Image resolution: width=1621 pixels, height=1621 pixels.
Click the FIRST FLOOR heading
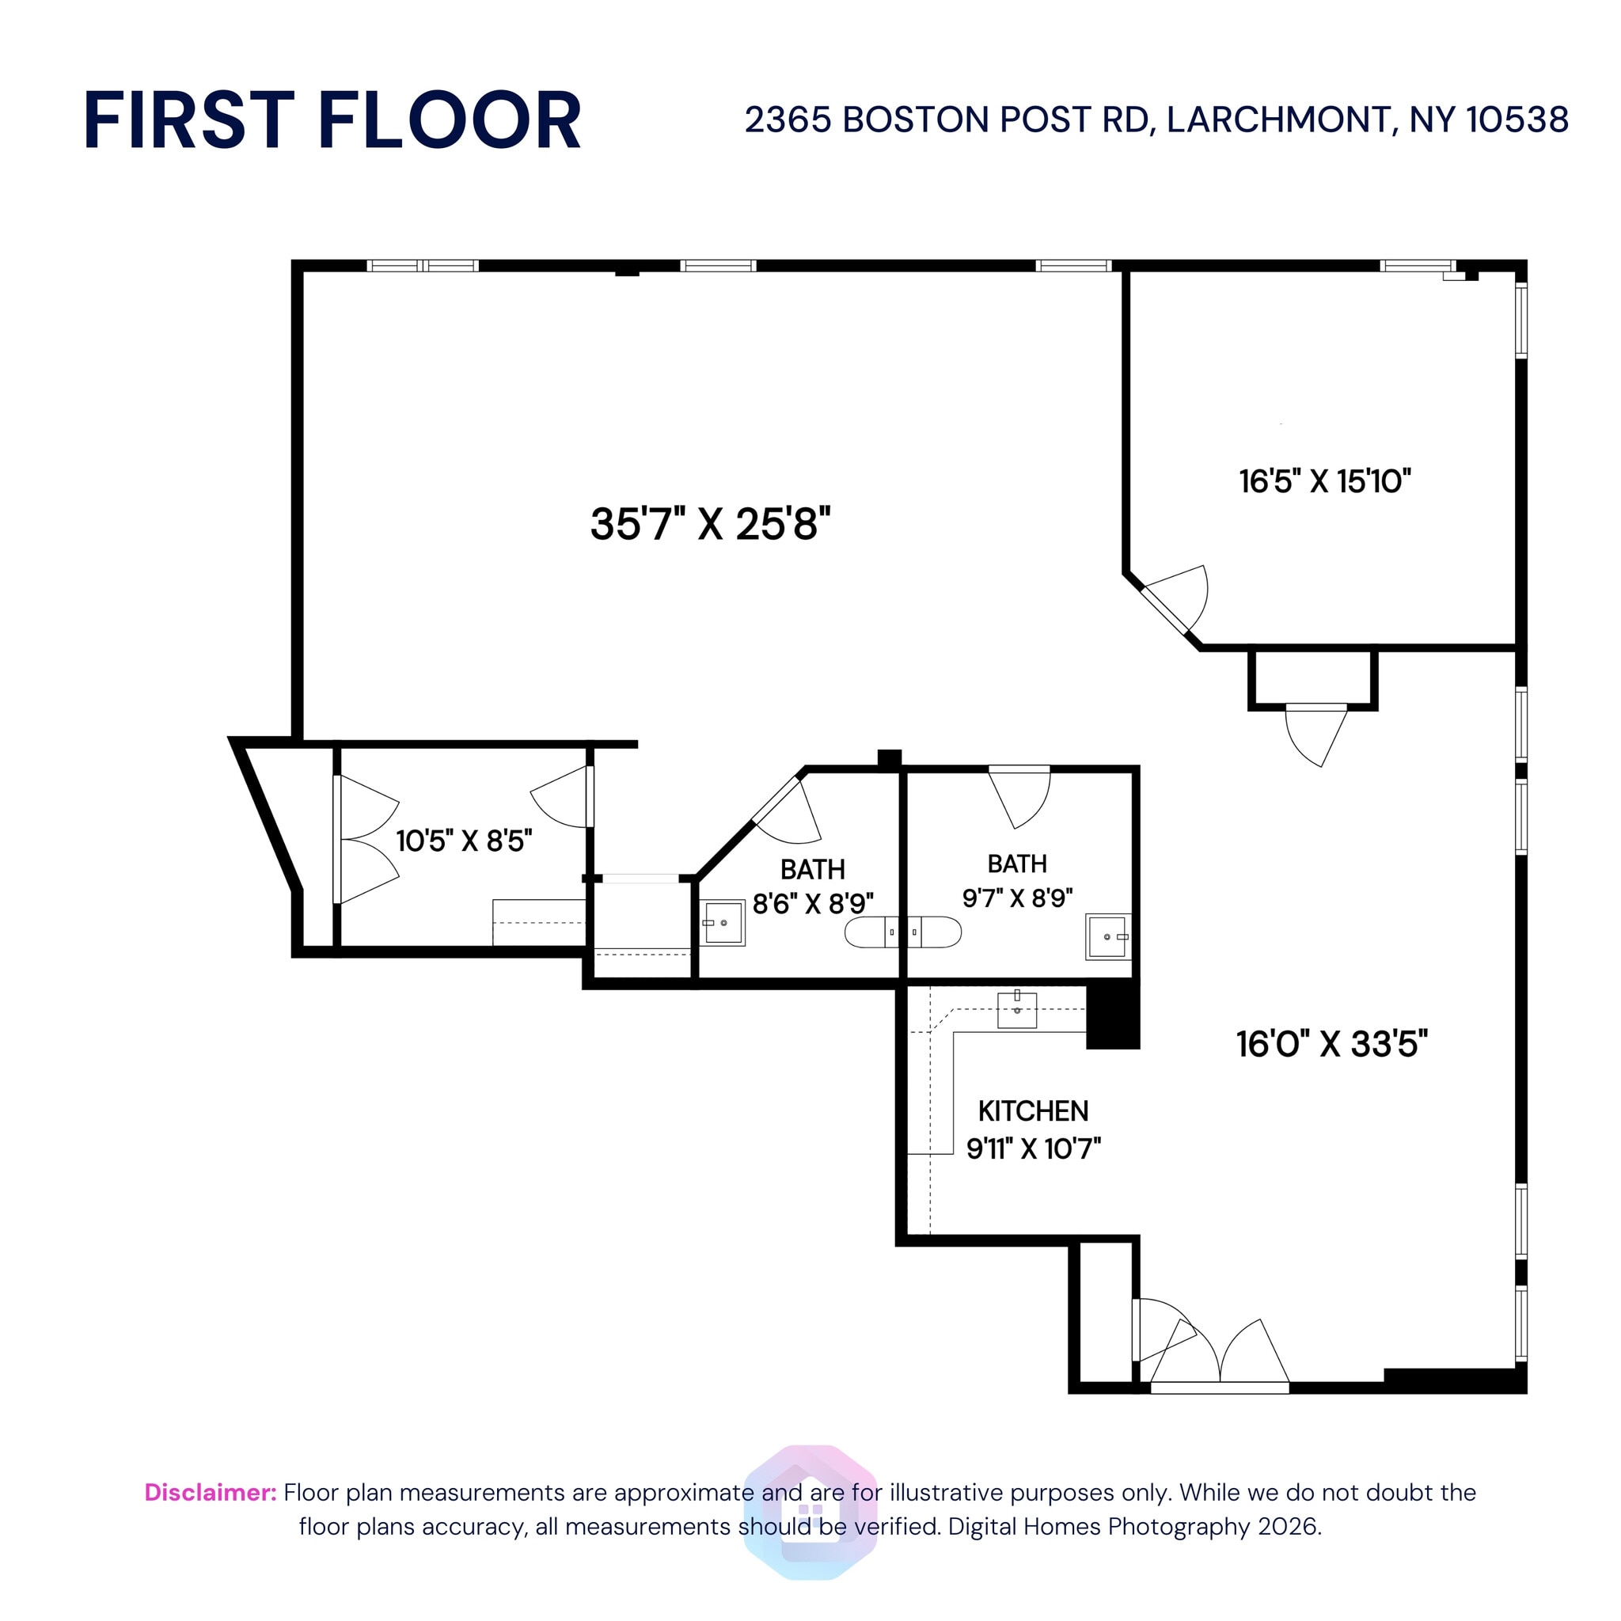pyautogui.click(x=332, y=121)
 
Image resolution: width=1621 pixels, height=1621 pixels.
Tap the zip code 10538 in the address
pyautogui.click(x=1517, y=120)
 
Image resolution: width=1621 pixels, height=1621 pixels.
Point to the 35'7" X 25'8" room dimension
pyautogui.click(x=710, y=525)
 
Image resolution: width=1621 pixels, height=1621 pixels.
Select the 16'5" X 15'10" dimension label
pyautogui.click(x=1325, y=481)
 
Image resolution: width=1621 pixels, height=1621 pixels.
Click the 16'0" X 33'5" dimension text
pyautogui.click(x=1331, y=1044)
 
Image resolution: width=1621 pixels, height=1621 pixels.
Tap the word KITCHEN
pyautogui.click(x=1033, y=1110)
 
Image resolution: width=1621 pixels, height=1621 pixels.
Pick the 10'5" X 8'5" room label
pyautogui.click(x=464, y=840)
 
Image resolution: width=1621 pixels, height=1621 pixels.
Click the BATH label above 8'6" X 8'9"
pyautogui.click(x=812, y=868)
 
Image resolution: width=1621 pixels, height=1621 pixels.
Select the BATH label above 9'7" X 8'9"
pyautogui.click(x=1017, y=864)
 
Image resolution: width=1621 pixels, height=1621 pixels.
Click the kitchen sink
pyautogui.click(x=1017, y=1009)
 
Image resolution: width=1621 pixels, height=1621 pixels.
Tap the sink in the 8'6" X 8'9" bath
pyautogui.click(x=723, y=923)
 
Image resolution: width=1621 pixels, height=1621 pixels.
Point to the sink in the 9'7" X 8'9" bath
pyautogui.click(x=1107, y=936)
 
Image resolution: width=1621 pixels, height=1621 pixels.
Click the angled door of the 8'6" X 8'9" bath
pyautogui.click(x=785, y=810)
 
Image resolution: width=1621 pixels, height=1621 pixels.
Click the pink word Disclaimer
pyautogui.click(x=211, y=1492)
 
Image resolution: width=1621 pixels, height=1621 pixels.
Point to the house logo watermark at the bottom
pyautogui.click(x=810, y=1513)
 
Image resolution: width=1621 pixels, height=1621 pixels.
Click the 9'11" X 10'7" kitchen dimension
pyautogui.click(x=1034, y=1148)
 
